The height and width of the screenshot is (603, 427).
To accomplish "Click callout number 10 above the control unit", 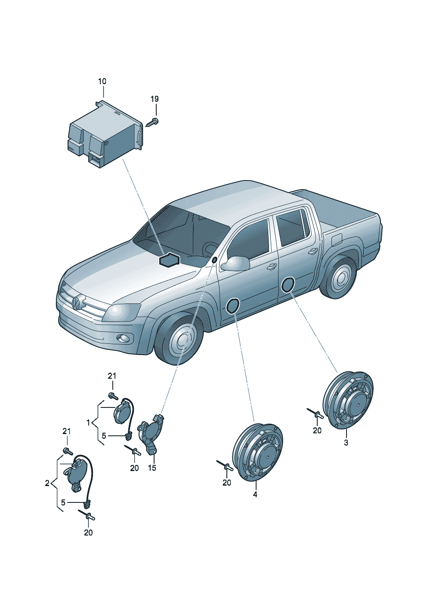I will pos(102,81).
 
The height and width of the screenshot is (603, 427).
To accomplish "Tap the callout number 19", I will pos(155,99).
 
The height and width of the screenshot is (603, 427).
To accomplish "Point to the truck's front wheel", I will pos(180,340).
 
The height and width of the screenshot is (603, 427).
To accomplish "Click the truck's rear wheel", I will pos(340,279).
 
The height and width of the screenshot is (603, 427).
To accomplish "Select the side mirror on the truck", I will pos(235,263).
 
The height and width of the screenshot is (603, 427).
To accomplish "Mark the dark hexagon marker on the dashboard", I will pos(169,260).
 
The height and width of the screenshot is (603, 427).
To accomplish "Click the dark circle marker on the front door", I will pos(233,306).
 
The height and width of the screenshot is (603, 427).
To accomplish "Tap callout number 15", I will pos(152,468).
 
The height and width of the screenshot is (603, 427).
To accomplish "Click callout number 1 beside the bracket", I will pos(88,423).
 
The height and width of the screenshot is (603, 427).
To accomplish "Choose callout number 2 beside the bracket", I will pos(47,483).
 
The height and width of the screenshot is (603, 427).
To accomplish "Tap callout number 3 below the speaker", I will pos(346,443).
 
